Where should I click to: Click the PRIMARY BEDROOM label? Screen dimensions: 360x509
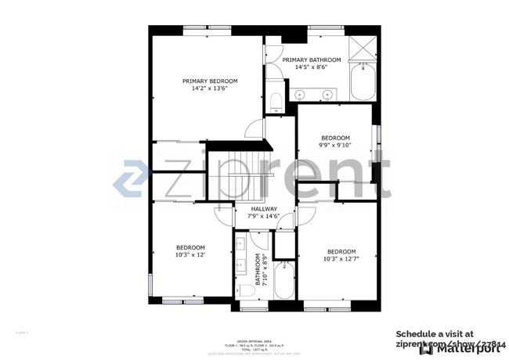(x=210, y=81)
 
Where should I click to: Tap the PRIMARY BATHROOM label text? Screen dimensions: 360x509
(x=312, y=59)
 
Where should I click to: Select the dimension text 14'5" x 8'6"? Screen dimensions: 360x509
(x=311, y=67)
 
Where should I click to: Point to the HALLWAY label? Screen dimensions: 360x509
(x=264, y=209)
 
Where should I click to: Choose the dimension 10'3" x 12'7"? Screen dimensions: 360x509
(x=341, y=259)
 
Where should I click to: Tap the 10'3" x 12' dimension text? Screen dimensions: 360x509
(x=190, y=254)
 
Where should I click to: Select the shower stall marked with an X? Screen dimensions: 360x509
(x=363, y=49)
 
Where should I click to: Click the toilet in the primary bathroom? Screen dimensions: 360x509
(x=275, y=101)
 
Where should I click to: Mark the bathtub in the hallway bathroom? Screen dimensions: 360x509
(x=283, y=282)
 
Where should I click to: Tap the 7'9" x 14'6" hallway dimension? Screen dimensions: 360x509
(x=264, y=218)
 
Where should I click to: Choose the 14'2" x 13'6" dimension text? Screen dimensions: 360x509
(x=210, y=89)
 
